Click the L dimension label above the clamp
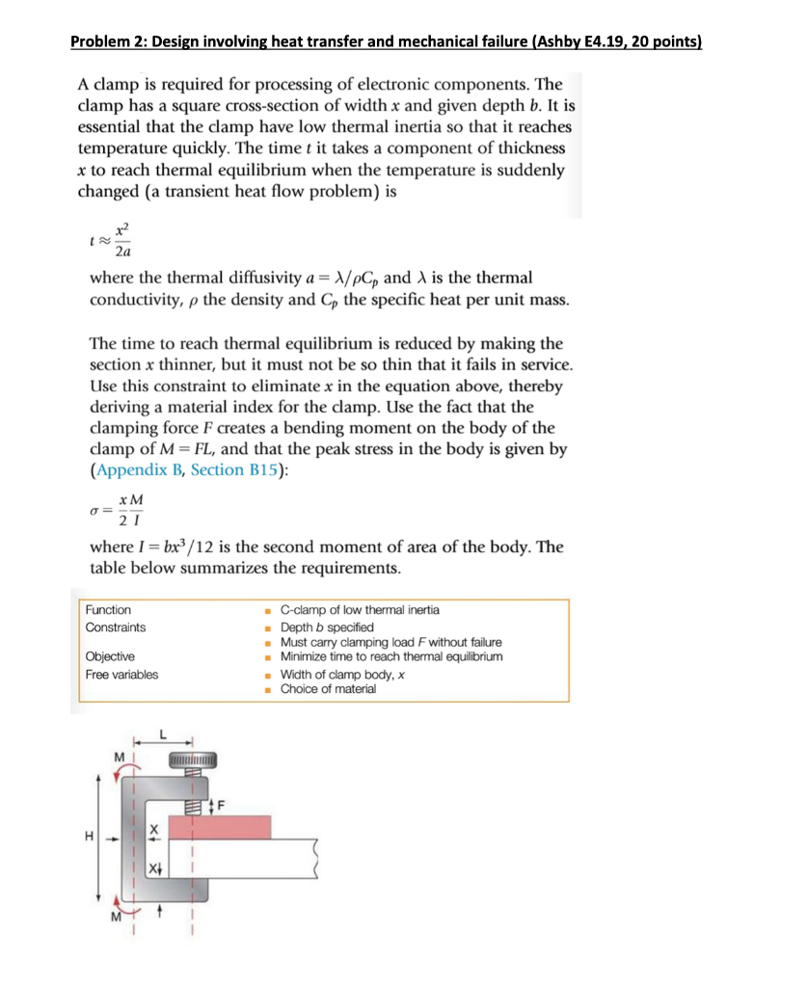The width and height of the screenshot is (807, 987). point(164,734)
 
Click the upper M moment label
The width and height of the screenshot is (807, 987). point(119,757)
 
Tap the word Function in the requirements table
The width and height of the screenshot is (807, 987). point(108,610)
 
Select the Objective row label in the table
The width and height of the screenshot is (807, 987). point(109,656)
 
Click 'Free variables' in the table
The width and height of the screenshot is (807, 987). point(121,674)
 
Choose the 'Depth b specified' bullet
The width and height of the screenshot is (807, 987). point(326,627)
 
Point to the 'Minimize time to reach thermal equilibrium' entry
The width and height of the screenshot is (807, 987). point(390,656)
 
